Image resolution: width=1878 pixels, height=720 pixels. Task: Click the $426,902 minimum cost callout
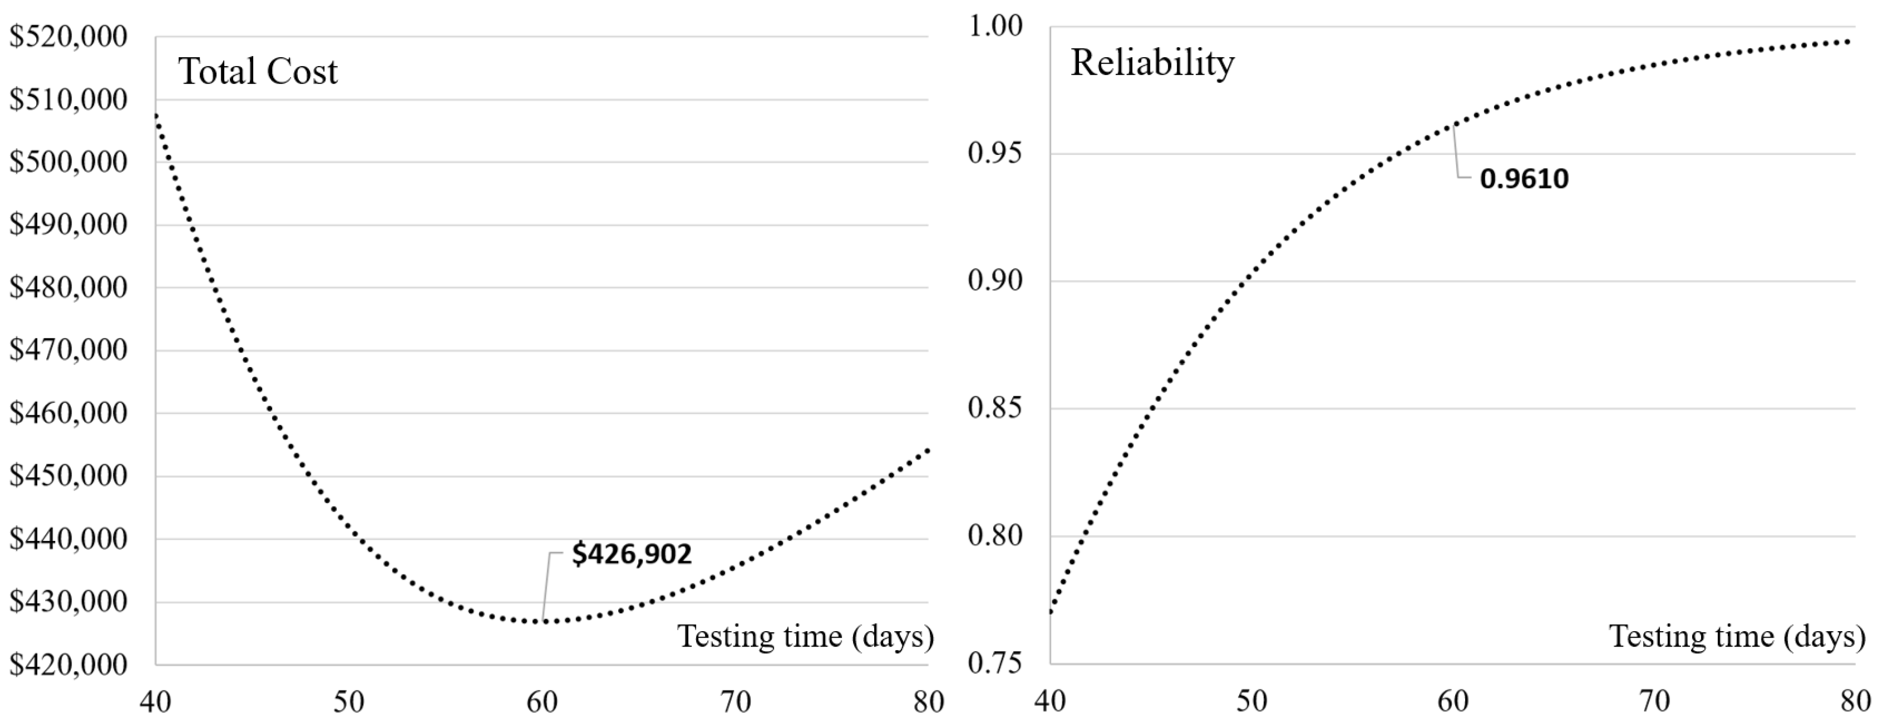click(631, 555)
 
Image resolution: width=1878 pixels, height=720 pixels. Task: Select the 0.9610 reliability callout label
click(1524, 179)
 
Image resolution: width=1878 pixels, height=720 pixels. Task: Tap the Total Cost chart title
click(258, 71)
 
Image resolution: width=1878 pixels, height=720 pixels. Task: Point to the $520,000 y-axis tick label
click(68, 36)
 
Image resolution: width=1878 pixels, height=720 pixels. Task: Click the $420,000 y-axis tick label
click(68, 665)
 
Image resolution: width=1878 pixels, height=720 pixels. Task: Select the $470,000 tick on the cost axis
click(68, 350)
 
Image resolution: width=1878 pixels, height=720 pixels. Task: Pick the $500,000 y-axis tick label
click(68, 162)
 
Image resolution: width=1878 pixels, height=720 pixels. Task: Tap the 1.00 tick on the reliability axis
click(995, 26)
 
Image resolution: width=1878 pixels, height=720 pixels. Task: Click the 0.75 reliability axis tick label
click(995, 663)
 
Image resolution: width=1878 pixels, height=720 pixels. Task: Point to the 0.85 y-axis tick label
click(995, 408)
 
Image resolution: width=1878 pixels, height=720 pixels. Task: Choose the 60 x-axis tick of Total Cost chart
click(542, 702)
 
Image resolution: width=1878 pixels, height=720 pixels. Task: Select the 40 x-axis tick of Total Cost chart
click(155, 702)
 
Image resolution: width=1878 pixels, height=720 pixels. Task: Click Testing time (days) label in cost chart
click(806, 636)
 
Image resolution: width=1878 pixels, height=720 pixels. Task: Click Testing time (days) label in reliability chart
click(1737, 636)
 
